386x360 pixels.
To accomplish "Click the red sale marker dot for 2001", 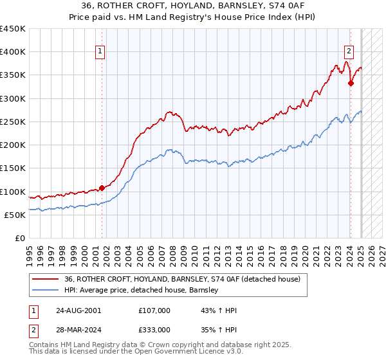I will point(102,188).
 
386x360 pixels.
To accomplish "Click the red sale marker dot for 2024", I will point(351,83).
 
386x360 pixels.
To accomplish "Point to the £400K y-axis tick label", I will point(13,52).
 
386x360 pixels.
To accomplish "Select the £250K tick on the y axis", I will point(13,122).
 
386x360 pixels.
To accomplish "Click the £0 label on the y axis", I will point(19,238).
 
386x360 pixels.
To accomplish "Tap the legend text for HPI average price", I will point(142,291).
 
